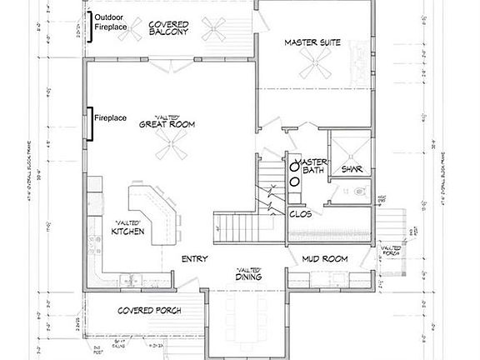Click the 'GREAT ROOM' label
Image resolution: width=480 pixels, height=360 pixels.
(167, 124)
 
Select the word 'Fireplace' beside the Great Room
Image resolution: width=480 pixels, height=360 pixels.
(110, 118)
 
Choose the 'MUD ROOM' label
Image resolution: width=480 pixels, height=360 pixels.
(324, 259)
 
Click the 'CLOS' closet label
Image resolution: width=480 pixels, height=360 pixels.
(300, 212)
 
